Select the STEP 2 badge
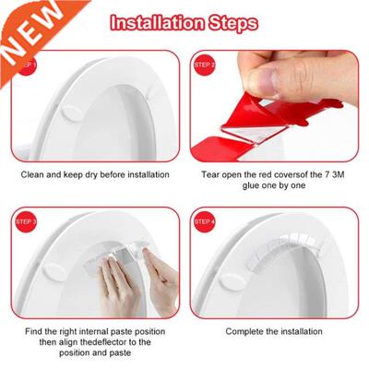tap(204, 65)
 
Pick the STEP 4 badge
tap(204, 222)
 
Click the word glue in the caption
tap(237, 187)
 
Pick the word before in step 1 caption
tap(103, 173)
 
